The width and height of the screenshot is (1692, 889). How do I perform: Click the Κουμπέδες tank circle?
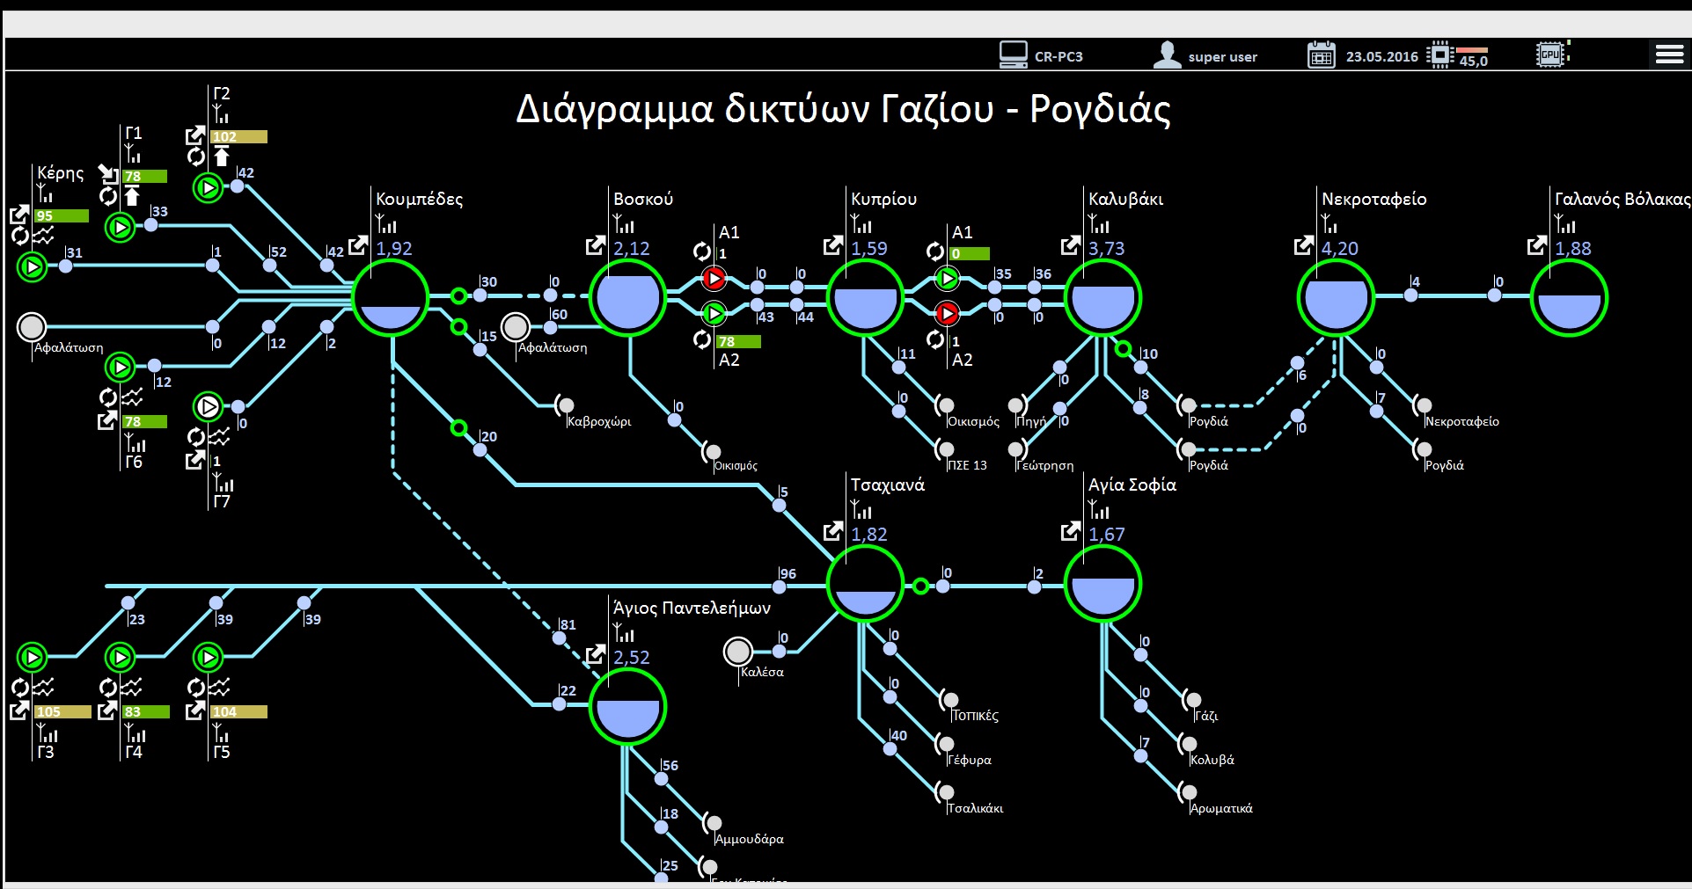(x=391, y=297)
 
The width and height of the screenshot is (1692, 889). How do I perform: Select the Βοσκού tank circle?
(x=627, y=297)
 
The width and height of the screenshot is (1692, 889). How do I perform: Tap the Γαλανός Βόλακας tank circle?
(x=1569, y=297)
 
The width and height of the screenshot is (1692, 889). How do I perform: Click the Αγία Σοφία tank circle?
(x=1102, y=584)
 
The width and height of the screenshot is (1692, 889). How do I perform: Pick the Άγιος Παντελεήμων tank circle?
(x=627, y=707)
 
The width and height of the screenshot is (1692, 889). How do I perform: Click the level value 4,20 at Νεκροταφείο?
(x=1339, y=249)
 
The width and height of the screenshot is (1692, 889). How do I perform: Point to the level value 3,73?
(x=1106, y=249)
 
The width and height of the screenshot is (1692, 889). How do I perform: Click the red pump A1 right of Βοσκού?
(x=714, y=279)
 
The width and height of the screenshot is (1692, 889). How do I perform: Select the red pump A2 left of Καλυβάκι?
(x=947, y=312)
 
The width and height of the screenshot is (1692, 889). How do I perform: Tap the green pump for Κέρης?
(x=33, y=266)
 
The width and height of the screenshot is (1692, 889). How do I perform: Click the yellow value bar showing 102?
(x=238, y=136)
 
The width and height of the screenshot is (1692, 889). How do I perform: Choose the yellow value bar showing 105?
(x=62, y=711)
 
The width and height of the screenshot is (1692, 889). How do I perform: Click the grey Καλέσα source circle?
(x=737, y=652)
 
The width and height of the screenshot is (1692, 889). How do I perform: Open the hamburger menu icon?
(x=1669, y=55)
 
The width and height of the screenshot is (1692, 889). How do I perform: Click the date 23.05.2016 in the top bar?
(x=1381, y=56)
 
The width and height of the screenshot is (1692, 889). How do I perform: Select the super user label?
(x=1222, y=57)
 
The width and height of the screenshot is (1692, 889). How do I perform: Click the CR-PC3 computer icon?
(x=1013, y=55)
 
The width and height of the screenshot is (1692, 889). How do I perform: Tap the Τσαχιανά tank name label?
(x=887, y=485)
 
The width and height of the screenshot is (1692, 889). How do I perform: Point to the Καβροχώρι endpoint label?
(x=598, y=421)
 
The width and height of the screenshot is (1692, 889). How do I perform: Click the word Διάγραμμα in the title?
(x=614, y=111)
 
